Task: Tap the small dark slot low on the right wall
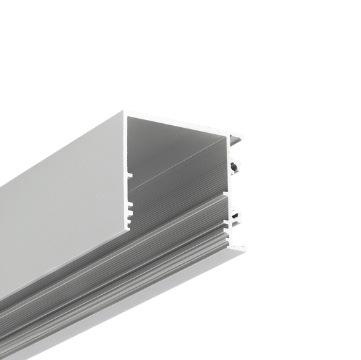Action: [236, 215]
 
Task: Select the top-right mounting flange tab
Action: [237, 137]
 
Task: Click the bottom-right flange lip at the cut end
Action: [240, 248]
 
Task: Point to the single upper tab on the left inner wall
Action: [130, 174]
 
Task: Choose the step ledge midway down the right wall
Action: [227, 194]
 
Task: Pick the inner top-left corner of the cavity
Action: [129, 119]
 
